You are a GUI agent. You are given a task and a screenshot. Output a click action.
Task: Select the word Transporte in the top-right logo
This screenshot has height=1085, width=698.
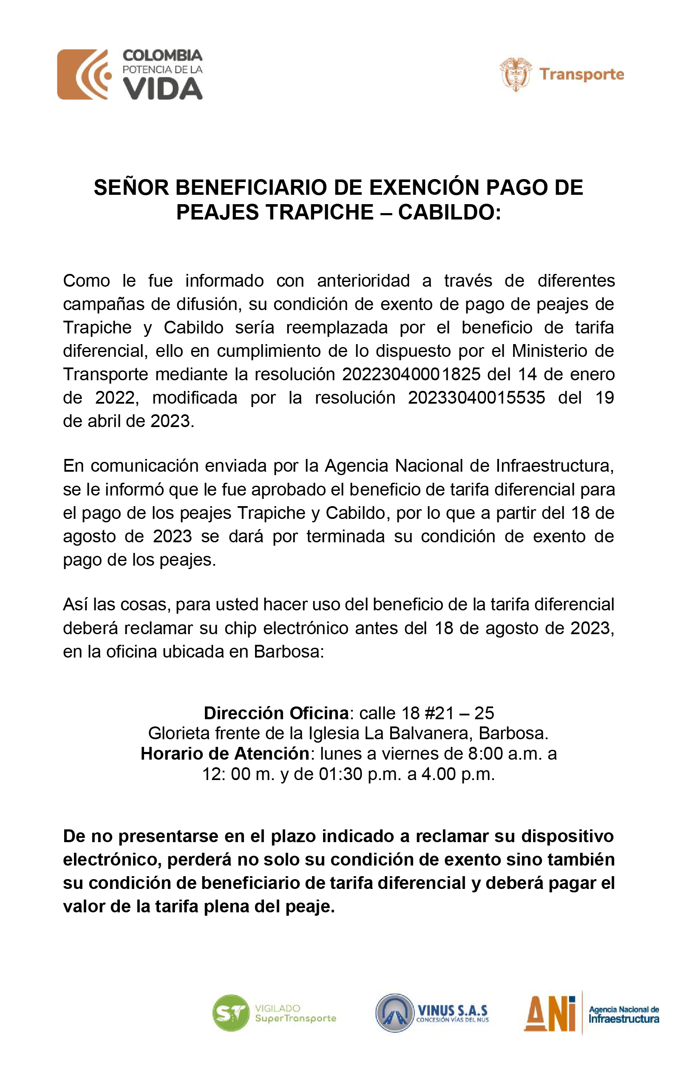click(582, 74)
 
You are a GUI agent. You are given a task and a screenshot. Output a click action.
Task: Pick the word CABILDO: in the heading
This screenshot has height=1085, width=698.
click(450, 212)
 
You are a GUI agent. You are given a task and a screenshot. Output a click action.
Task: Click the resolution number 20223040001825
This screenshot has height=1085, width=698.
click(411, 375)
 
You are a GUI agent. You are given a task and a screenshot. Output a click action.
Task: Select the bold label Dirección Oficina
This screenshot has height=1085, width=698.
click(276, 713)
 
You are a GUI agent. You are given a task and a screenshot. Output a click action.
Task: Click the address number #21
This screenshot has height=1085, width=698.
click(439, 713)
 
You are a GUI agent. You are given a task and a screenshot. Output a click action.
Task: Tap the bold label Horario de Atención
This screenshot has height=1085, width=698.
click(225, 754)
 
